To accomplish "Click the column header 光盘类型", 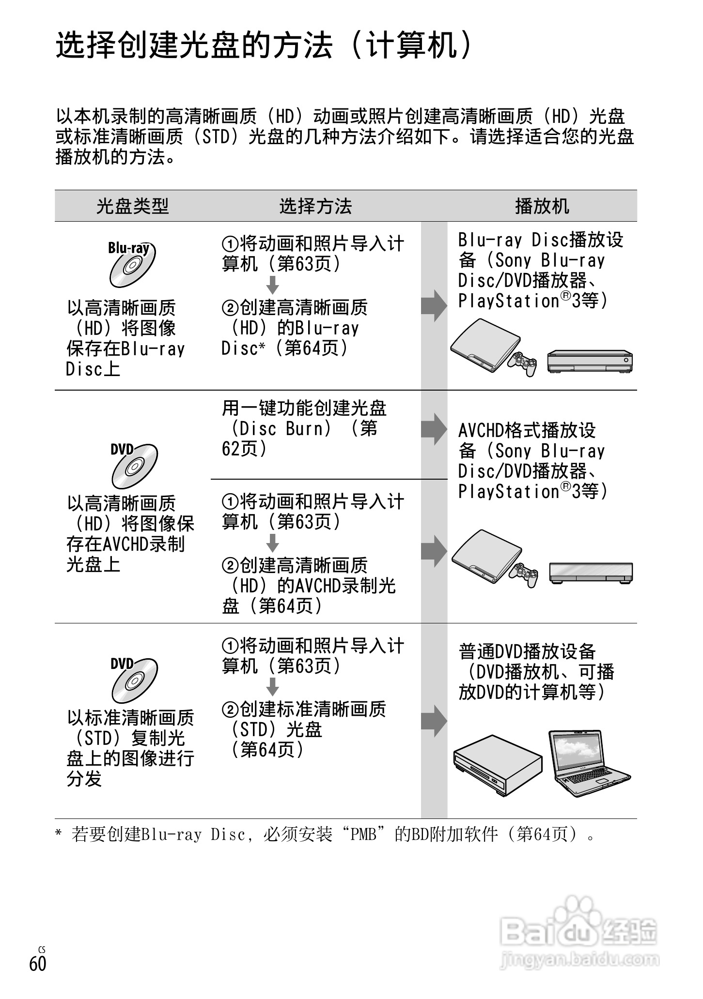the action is pyautogui.click(x=132, y=206).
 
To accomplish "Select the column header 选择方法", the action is pyautogui.click(x=315, y=206).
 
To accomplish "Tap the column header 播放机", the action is pyautogui.click(x=542, y=206).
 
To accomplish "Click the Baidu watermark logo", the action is pyautogui.click(x=579, y=932).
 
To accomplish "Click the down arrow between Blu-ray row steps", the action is pyautogui.click(x=273, y=285).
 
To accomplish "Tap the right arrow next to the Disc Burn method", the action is pyautogui.click(x=433, y=429).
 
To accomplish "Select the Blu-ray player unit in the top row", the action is pyautogui.click(x=590, y=361).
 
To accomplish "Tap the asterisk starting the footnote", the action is pyautogui.click(x=59, y=833).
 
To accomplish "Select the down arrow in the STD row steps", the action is pyautogui.click(x=273, y=687).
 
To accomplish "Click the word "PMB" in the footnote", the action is pyautogui.click(x=363, y=834).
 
